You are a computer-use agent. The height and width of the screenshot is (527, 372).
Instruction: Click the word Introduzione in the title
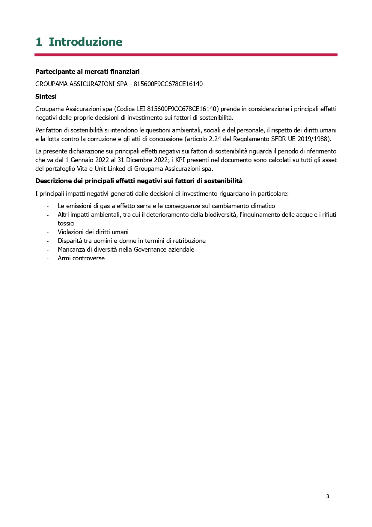(85, 42)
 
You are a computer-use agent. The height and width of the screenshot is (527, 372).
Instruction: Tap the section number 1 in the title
(39, 42)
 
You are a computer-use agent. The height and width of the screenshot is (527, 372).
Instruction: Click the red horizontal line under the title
(186, 55)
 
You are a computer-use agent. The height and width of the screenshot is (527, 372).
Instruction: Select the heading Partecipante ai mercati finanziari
(88, 71)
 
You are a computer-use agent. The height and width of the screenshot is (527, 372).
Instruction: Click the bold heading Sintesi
(46, 97)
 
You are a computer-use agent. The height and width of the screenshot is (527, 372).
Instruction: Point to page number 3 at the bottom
(327, 496)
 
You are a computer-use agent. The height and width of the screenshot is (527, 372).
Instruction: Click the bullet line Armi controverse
(81, 258)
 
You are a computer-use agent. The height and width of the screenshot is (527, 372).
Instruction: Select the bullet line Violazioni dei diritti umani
(93, 232)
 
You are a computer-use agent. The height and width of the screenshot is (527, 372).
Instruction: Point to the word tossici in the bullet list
(66, 223)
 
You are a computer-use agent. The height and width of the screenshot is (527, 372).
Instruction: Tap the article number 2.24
(215, 139)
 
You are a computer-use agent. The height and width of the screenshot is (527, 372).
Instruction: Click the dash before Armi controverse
(47, 258)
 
